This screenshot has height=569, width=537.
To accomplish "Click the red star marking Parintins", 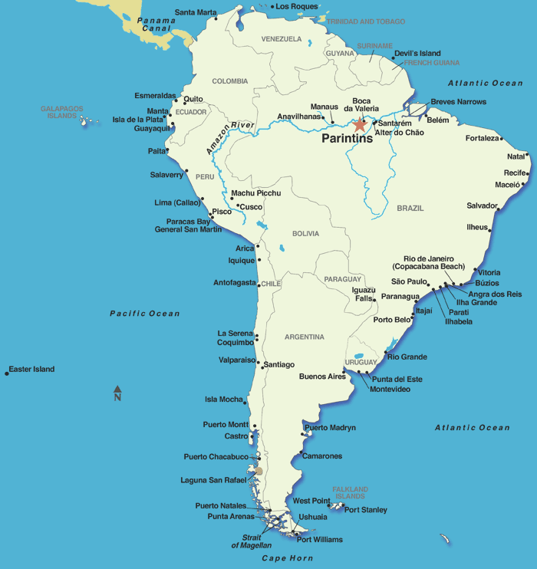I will [x=360, y=124].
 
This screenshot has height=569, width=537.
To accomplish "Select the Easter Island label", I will [x=32, y=370].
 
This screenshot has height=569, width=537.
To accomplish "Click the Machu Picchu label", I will [x=256, y=193].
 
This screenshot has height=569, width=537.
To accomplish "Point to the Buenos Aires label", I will [x=322, y=377].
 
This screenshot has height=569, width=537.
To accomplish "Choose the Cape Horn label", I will [x=287, y=558].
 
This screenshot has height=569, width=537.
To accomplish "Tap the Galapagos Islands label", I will [x=61, y=113].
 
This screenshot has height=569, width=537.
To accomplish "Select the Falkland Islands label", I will [x=350, y=492].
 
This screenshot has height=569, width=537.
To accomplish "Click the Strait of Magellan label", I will [x=246, y=541].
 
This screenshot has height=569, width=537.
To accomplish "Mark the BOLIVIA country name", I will [x=305, y=234].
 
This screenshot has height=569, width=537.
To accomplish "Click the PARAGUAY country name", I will [x=342, y=279].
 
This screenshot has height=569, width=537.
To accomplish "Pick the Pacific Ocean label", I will [x=144, y=314].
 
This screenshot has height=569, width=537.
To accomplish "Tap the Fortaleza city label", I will [x=483, y=139].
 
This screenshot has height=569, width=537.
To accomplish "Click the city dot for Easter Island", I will [x=7, y=373].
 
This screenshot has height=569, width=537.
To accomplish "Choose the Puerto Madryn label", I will [x=331, y=428].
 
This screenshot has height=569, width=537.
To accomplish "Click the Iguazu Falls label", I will [x=364, y=294].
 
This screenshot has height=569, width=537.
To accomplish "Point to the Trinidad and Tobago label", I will [x=366, y=22].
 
